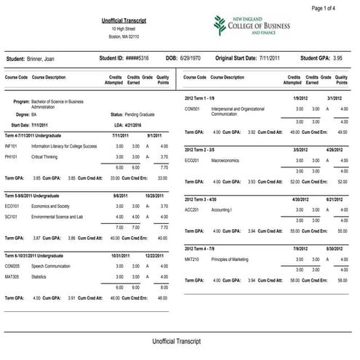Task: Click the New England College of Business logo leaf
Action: coord(220,25)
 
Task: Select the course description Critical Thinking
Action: coord(44,156)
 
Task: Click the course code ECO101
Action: coord(14,206)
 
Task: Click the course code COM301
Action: coord(193,108)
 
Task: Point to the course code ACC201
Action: coord(193,209)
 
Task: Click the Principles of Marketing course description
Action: coord(231,259)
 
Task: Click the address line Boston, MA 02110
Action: coord(124,36)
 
